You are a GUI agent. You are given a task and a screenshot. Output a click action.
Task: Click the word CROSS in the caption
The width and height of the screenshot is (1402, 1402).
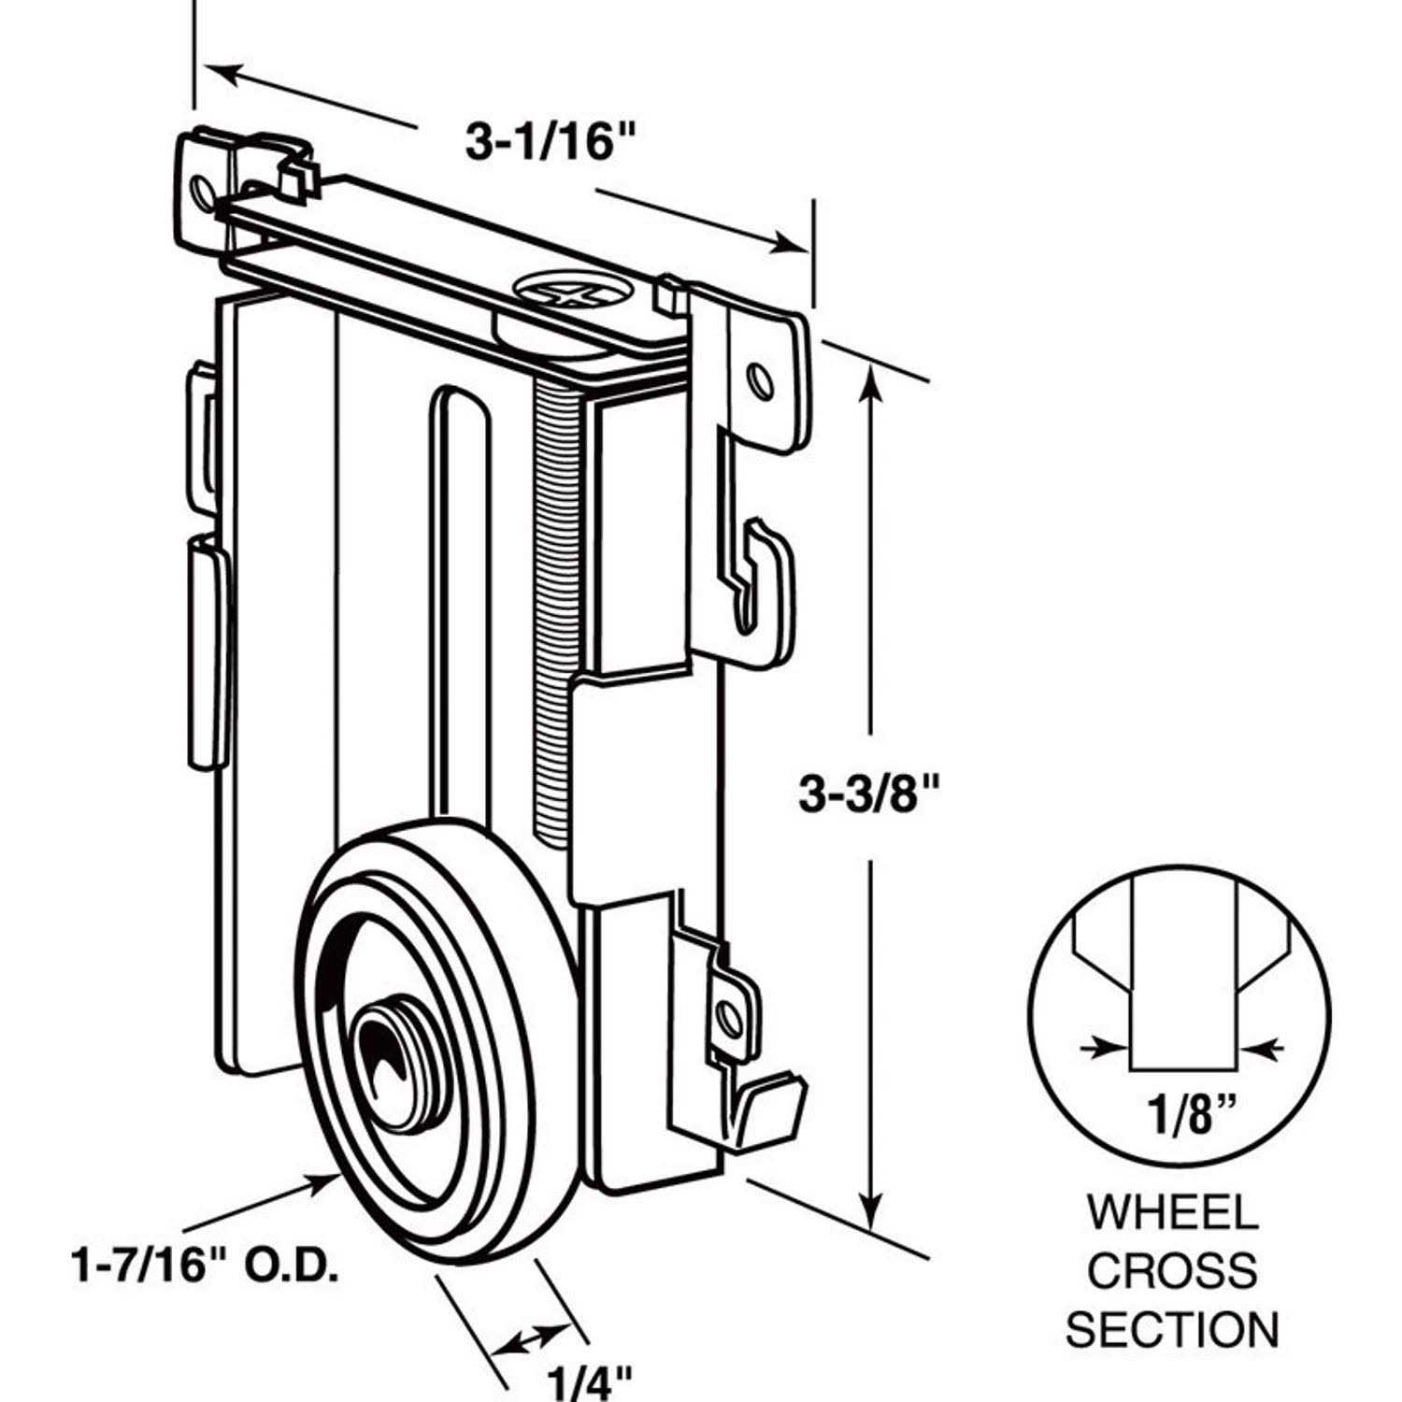click(1172, 1271)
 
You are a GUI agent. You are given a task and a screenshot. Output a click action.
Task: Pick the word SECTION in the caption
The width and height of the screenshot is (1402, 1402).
click(1172, 1329)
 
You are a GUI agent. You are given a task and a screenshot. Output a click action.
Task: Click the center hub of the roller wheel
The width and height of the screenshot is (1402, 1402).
click(391, 1051)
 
